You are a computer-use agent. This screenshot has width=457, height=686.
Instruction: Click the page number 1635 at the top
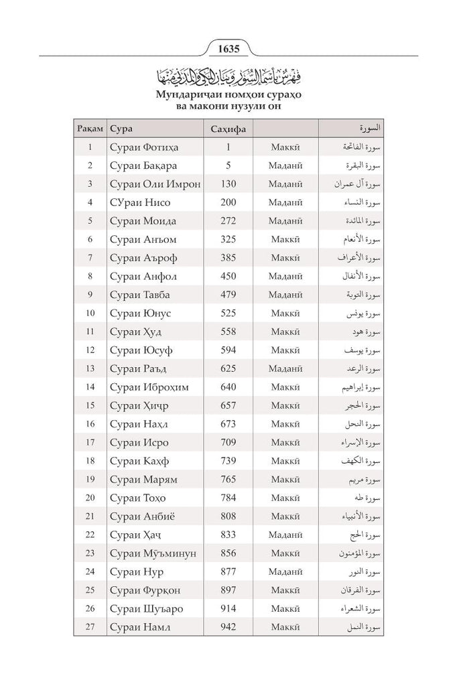(x=228, y=48)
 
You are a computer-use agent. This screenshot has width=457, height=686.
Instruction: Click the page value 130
(x=228, y=184)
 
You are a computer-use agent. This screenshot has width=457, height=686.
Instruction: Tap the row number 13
(x=90, y=368)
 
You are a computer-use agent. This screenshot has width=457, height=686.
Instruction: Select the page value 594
(x=228, y=350)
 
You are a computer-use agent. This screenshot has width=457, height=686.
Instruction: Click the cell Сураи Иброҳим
(x=148, y=387)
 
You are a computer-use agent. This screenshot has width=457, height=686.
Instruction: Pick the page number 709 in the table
(x=228, y=442)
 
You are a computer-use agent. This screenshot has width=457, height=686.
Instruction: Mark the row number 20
(x=90, y=498)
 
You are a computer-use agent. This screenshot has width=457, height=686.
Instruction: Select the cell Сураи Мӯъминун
(x=152, y=553)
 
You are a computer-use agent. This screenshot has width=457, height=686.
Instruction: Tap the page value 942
(x=228, y=627)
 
